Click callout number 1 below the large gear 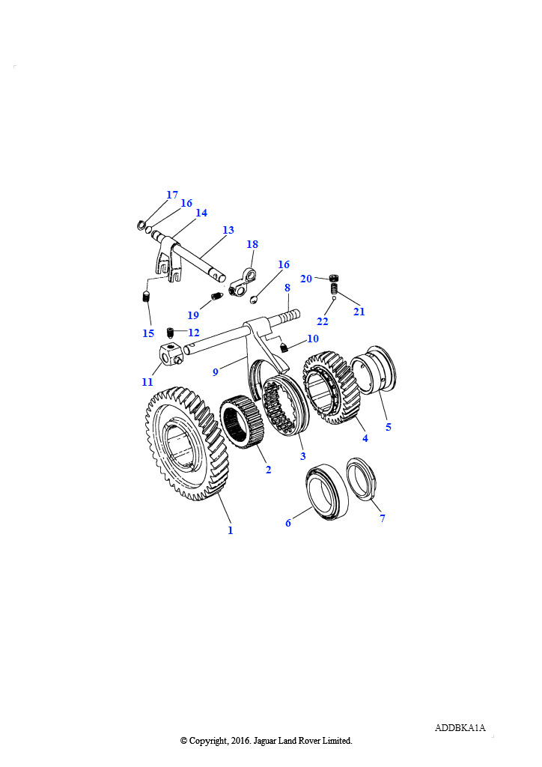230,530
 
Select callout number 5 388,427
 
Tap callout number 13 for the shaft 228,230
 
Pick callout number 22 323,321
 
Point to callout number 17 172,195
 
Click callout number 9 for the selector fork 216,372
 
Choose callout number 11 147,382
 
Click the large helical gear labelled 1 186,443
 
